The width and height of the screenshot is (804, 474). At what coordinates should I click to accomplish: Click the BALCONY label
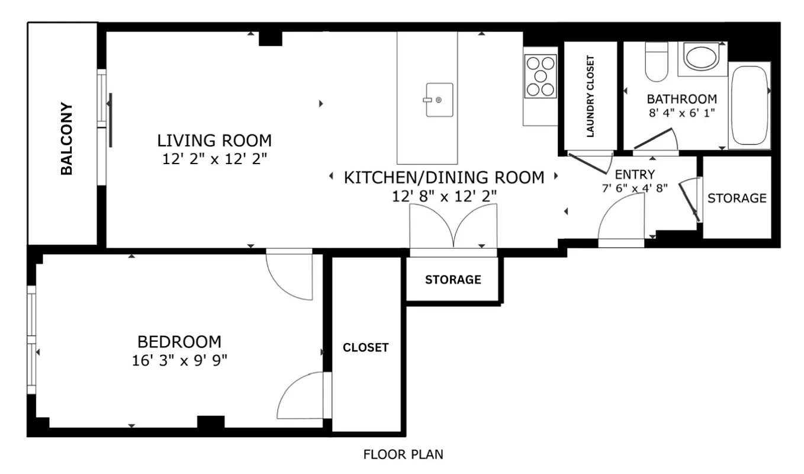66,139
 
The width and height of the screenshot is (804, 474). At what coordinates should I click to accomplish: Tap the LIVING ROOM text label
214,141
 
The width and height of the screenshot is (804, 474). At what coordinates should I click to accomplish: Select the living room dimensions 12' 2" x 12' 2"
214,159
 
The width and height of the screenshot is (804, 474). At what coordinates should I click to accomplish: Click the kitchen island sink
439,100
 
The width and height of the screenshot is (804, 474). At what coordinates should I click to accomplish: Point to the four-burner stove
541,75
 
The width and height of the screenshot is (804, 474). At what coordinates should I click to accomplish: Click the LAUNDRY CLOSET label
590,97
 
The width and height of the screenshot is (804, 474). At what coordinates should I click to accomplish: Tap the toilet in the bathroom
656,62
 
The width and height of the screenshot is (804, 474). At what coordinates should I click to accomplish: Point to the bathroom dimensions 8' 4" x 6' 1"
681,113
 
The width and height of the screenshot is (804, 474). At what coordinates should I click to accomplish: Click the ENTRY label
635,174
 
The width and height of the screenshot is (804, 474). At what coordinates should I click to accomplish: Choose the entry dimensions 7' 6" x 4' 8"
634,188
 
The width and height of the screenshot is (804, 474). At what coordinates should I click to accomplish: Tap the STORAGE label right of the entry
737,198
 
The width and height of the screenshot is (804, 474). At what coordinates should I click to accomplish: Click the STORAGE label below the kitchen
453,280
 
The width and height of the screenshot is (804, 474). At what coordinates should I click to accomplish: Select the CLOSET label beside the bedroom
366,347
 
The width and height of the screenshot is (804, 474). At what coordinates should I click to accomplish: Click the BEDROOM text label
179,342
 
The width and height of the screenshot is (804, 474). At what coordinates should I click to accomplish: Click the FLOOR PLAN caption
403,455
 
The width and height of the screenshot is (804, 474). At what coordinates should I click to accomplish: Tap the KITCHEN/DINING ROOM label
443,177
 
